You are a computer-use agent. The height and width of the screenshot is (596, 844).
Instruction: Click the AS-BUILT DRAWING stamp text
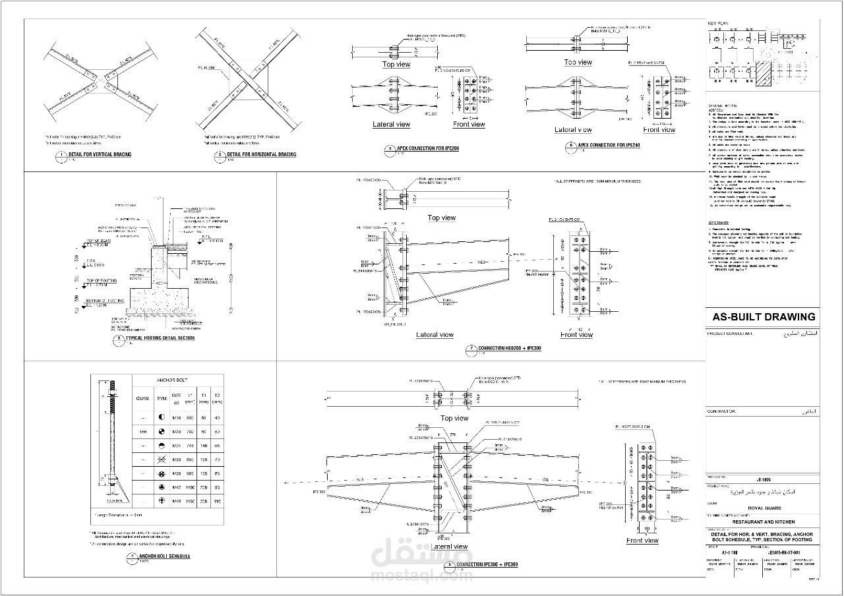pyautogui.click(x=764, y=316)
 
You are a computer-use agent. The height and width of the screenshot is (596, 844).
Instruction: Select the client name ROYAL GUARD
pyautogui.click(x=763, y=508)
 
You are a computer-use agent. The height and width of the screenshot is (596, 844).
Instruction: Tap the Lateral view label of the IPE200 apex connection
pyautogui.click(x=391, y=124)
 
